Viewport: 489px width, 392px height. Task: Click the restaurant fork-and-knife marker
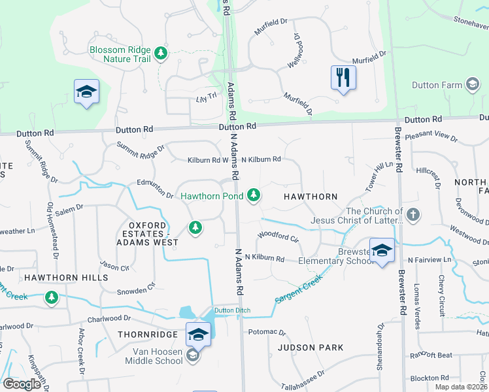[x=343, y=78]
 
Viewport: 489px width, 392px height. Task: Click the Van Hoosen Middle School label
[x=149, y=356]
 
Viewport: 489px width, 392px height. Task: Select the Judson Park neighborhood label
[x=311, y=348]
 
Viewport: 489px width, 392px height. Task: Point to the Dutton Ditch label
[x=233, y=310]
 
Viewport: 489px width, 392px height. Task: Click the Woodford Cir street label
[x=278, y=237]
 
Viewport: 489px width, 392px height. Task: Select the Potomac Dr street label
[x=267, y=332]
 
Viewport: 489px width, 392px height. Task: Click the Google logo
[x=22, y=384]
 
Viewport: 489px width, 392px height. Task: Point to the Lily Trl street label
[x=206, y=98]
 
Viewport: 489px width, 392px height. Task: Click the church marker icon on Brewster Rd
[x=413, y=214]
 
